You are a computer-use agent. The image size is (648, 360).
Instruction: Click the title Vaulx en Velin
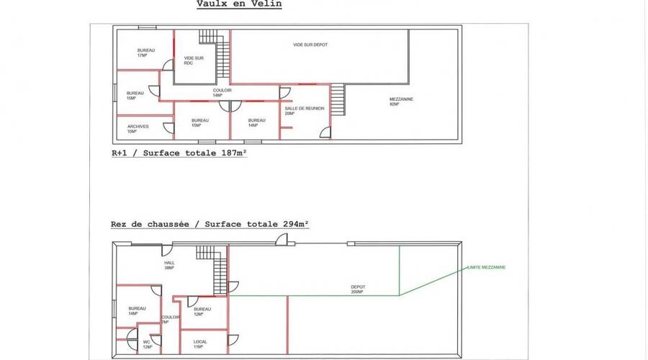coord(239,4)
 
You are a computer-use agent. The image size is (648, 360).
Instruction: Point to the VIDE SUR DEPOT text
coord(310,45)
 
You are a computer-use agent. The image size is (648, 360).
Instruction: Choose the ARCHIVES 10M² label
coord(138,128)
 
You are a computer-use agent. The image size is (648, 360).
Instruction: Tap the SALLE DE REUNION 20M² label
coord(305,110)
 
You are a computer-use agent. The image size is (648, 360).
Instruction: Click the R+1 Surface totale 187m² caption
coord(179,153)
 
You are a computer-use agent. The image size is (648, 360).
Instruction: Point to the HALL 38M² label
coord(170,265)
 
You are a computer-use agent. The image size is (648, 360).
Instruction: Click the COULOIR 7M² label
coord(171,319)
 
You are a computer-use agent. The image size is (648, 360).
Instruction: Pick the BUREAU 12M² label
coord(202,311)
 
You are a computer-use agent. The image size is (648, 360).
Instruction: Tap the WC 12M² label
coord(147,344)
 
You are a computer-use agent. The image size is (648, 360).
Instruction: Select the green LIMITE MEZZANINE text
coord(486,267)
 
